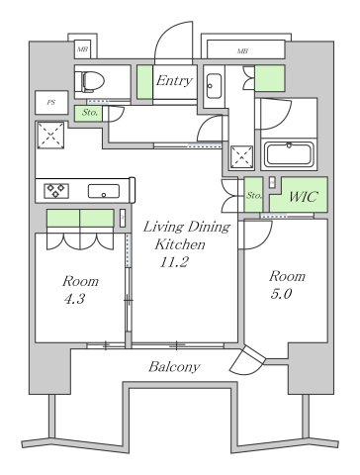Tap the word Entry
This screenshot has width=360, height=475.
173,80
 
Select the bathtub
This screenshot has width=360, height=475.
288,154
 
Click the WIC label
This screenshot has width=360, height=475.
302,197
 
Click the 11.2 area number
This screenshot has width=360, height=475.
175,261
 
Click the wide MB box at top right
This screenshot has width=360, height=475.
242,48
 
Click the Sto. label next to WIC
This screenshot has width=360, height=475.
254,196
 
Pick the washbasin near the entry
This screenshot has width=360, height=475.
216,89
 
